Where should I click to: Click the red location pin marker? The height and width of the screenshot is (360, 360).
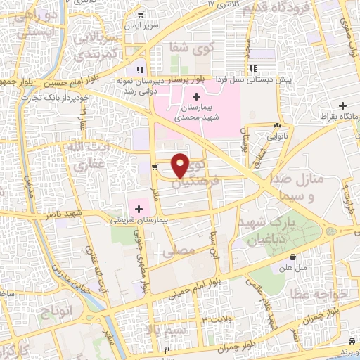coord(181,165)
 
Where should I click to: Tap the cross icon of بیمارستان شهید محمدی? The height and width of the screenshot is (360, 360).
coord(196,96)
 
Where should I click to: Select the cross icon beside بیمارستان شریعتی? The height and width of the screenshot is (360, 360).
coord(139,208)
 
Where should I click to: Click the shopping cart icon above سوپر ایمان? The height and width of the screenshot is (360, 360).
coord(141,15)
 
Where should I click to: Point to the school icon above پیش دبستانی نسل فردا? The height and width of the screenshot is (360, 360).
coord(252,69)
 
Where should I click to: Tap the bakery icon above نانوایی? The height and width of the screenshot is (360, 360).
coord(274,127)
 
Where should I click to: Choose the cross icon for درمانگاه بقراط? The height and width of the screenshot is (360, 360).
coord(342,106)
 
